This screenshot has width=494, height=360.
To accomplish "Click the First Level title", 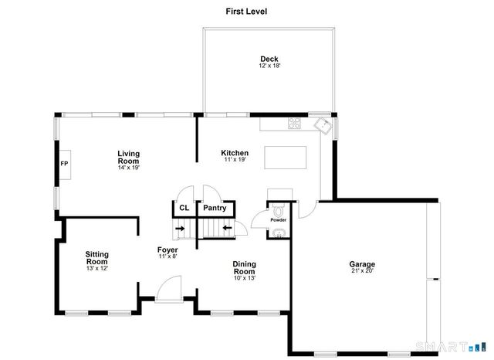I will click(246, 11).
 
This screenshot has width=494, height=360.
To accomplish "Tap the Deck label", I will click(269, 59).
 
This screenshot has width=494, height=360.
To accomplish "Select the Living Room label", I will click(128, 157).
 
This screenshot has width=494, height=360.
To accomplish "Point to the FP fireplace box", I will click(65, 164).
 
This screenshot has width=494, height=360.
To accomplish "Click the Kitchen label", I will click(234, 154).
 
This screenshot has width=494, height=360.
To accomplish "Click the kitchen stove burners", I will click(294, 122).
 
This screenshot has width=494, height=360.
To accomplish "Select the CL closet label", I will click(184, 208).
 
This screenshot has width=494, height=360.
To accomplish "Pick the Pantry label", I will click(214, 208).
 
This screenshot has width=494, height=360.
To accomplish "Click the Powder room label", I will click(278, 220).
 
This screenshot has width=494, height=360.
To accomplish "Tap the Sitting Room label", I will click(97, 258).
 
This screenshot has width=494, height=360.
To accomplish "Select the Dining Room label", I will click(244, 267).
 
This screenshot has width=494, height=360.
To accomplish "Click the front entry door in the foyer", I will click(167, 292).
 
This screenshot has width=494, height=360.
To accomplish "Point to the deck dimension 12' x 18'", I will click(269, 66).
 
